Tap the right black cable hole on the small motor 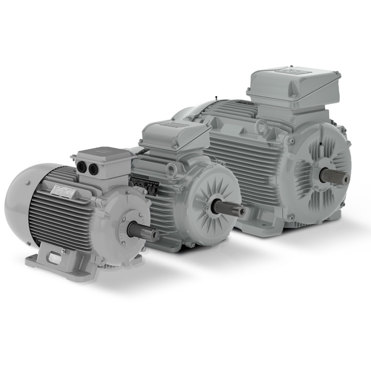[x=92, y=168]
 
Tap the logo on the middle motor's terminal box [x=171, y=125]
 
